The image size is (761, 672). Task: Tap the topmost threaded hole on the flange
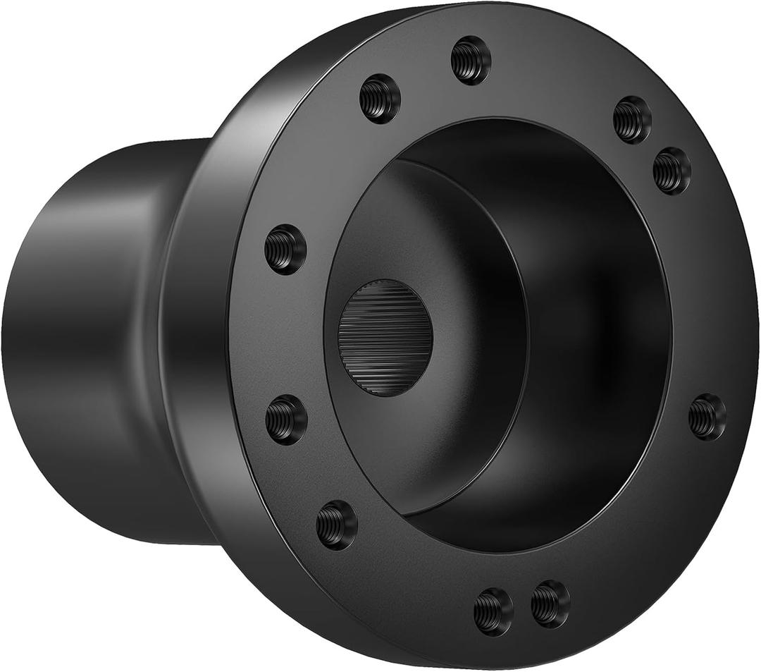pos(470,60)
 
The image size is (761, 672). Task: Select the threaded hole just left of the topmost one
pos(380,99)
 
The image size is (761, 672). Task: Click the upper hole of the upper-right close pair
pos(632,119)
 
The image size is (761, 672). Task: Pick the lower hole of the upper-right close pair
pos(672,171)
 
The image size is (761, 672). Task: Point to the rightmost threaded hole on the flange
pos(707,417)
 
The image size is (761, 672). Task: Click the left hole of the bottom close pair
pos(493,611)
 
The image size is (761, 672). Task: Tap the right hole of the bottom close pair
pos(550,604)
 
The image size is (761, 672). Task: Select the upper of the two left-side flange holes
pos(285,249)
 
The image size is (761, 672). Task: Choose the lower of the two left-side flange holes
pos(286,420)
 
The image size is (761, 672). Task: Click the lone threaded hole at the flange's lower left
pos(336,525)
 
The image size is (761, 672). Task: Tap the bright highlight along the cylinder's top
pos(141,152)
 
